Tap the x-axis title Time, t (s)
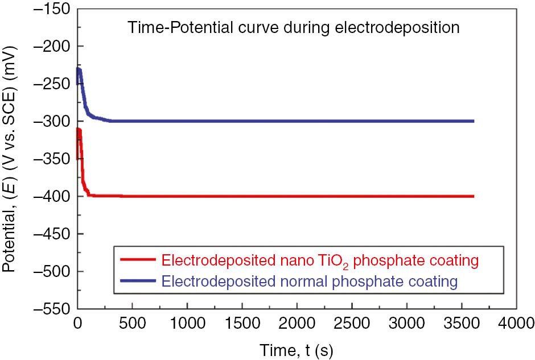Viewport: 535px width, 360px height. point(297,348)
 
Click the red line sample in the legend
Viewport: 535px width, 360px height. point(138,260)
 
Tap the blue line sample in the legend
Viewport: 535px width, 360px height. point(138,280)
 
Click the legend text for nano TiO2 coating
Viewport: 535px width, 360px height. point(319,261)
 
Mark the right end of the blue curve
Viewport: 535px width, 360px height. point(473,121)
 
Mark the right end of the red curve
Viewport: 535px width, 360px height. point(473,196)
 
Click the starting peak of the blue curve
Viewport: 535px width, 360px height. point(79,69)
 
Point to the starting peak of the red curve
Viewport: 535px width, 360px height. point(79,130)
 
